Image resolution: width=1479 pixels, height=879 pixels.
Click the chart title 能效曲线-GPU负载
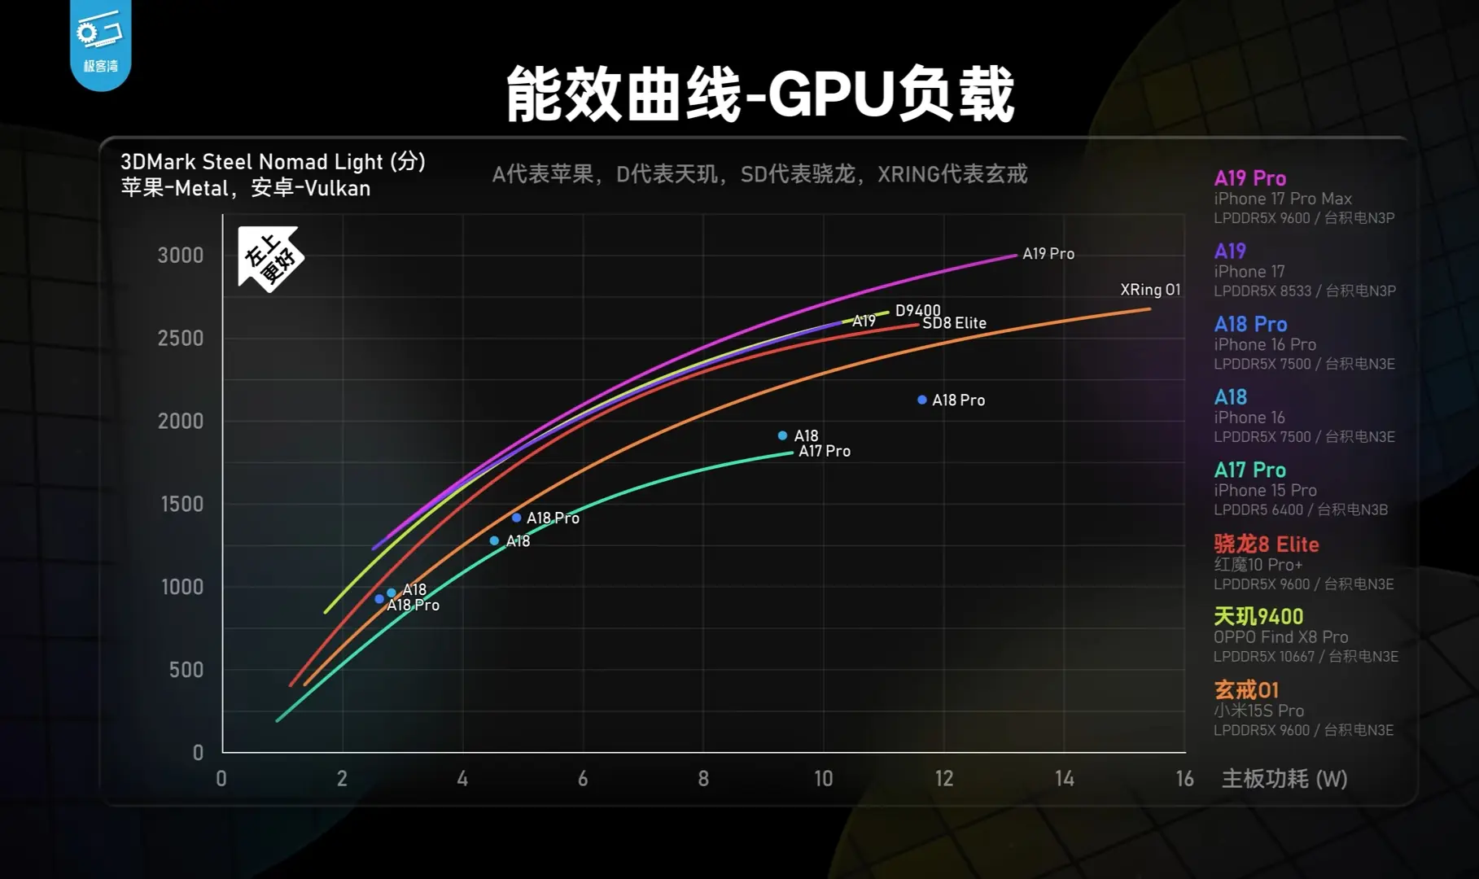(759, 94)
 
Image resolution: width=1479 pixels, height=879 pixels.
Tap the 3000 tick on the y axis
(181, 256)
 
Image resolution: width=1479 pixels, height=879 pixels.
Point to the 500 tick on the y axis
(186, 670)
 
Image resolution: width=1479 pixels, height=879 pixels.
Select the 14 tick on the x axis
(1064, 779)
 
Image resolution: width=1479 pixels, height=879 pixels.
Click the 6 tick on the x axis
(583, 779)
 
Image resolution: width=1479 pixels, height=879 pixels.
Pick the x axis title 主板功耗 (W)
(1284, 779)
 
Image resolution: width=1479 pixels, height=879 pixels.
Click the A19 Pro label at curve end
(1048, 254)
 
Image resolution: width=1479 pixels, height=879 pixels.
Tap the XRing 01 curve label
(1149, 290)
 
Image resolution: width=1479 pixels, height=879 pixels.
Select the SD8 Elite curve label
(954, 323)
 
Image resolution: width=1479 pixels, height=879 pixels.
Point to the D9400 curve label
(917, 310)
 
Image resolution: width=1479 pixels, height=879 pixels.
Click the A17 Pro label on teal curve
(825, 451)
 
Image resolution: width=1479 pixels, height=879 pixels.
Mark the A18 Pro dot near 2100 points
(922, 400)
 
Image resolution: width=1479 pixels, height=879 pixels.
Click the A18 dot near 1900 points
(782, 435)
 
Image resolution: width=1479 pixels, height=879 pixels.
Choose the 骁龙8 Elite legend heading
(1266, 544)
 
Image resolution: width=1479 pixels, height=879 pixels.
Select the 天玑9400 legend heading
(1258, 616)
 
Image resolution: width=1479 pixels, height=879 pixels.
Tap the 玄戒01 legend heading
(1246, 689)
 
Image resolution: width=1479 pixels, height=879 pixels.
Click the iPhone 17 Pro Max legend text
(1283, 199)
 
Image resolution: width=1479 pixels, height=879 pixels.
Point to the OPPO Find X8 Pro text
(1280, 637)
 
